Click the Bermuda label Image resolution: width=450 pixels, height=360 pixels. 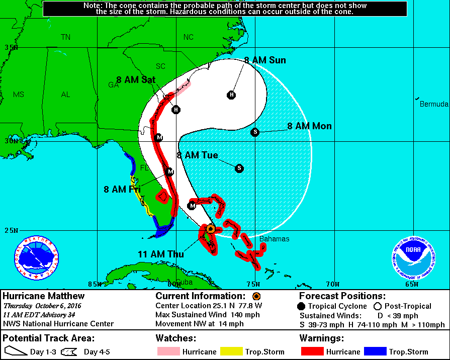[434, 104]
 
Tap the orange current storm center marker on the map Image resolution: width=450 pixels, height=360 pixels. [211, 229]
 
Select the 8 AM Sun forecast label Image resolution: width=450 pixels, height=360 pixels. [265, 60]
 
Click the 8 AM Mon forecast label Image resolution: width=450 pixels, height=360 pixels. [309, 126]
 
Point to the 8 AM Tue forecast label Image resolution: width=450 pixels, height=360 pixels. [198, 155]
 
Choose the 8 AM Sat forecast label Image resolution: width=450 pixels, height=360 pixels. [136, 79]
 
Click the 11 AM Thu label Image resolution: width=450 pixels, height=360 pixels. [161, 254]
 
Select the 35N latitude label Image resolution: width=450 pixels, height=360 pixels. [11, 48]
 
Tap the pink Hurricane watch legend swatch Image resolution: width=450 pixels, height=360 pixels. [168, 351]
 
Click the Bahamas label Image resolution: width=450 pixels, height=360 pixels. [274, 239]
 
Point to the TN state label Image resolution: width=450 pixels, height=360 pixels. [66, 37]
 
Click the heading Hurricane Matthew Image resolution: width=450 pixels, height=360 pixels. [44, 296]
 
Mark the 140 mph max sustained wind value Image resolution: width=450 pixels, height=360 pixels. [233, 314]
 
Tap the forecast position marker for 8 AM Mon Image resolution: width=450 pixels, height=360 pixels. [255, 132]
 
